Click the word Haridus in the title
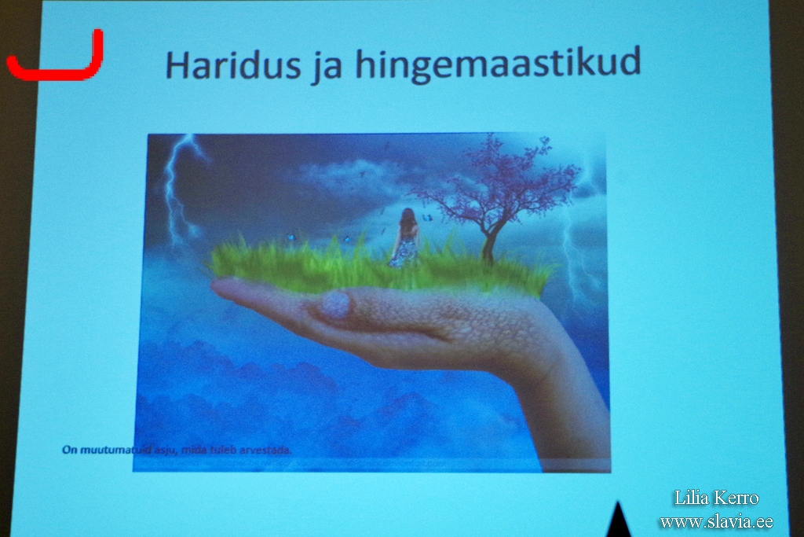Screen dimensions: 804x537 tap(233, 64)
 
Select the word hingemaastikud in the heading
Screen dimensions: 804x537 tap(498, 64)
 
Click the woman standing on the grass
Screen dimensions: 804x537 tap(406, 237)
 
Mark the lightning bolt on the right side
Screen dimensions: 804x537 tap(577, 241)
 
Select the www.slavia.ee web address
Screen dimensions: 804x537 tap(716, 521)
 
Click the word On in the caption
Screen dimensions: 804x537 tap(69, 450)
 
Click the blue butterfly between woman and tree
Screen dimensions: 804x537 tap(428, 218)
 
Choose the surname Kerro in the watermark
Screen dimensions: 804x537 tap(734, 498)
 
